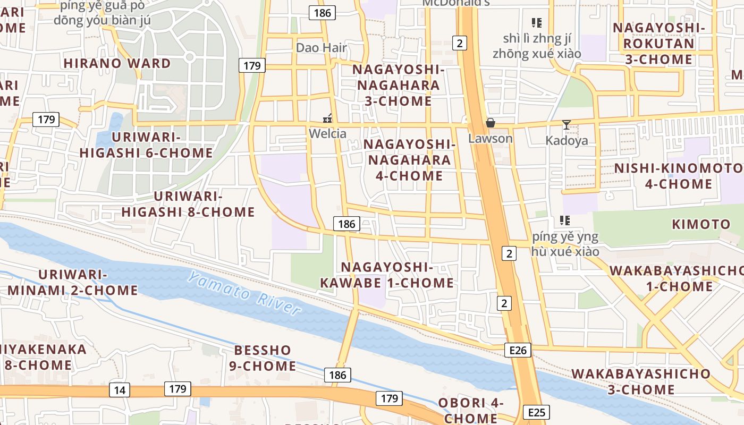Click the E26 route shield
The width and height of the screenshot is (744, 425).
pyautogui.click(x=518, y=350)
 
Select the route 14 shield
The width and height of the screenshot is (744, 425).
pyautogui.click(x=120, y=390)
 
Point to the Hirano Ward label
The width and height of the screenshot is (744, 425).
pyautogui.click(x=117, y=63)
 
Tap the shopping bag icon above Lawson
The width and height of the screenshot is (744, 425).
pyautogui.click(x=490, y=123)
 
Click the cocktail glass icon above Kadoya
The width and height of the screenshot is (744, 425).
pyautogui.click(x=567, y=125)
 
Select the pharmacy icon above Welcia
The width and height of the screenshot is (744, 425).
pyautogui.click(x=328, y=118)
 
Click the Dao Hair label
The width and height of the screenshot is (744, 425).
pyautogui.click(x=322, y=47)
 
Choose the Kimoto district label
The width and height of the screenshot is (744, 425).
pyautogui.click(x=701, y=224)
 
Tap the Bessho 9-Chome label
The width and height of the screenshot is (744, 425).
pyautogui.click(x=263, y=358)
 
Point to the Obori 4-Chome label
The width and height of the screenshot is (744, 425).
pyautogui.click(x=471, y=410)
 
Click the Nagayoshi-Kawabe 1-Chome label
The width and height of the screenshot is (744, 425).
pyautogui.click(x=387, y=275)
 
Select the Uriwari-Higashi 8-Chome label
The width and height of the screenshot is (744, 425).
pyautogui.click(x=188, y=204)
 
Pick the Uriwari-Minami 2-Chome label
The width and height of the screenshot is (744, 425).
pyautogui.click(x=73, y=283)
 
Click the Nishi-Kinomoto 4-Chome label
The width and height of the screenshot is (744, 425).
pyautogui.click(x=679, y=176)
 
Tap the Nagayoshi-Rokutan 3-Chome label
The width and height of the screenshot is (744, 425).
pyautogui.click(x=659, y=43)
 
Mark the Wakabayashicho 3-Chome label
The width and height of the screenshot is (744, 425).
pyautogui.click(x=641, y=381)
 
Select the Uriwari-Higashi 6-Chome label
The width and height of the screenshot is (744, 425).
pyautogui.click(x=146, y=145)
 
